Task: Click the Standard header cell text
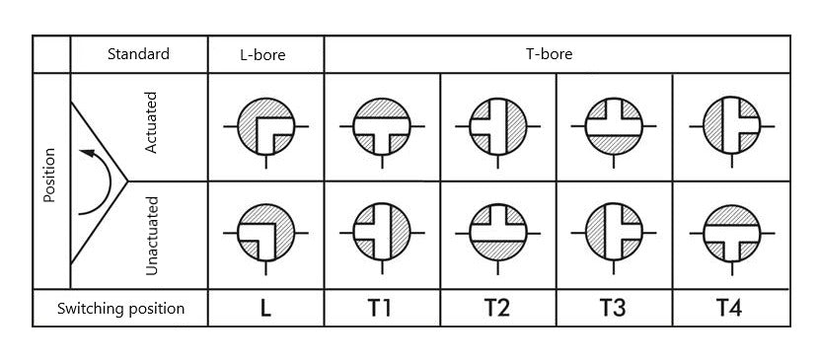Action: pyautogui.click(x=138, y=54)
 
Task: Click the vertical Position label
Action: pyautogui.click(x=50, y=176)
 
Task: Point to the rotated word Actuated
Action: pyautogui.click(x=151, y=125)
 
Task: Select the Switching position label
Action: pyautogui.click(x=120, y=308)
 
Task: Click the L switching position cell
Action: pyautogui.click(x=265, y=309)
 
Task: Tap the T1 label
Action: pyautogui.click(x=380, y=309)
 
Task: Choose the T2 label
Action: pyautogui.click(x=497, y=309)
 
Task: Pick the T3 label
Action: pyautogui.click(x=613, y=309)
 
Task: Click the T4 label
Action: pyautogui.click(x=729, y=309)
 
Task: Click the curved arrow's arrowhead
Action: pyautogui.click(x=87, y=153)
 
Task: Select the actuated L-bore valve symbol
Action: pyautogui.click(x=266, y=126)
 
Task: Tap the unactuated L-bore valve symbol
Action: pyautogui.click(x=266, y=234)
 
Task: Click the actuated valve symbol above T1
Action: pyautogui.click(x=382, y=126)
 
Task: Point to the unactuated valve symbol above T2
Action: pyautogui.click(x=497, y=234)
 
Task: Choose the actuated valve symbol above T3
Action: pyautogui.click(x=614, y=126)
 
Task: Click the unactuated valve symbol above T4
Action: pyautogui.click(x=730, y=234)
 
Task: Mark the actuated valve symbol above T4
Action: pyautogui.click(x=730, y=126)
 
